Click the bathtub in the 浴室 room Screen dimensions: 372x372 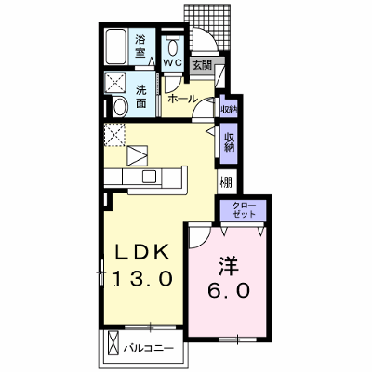(x=116, y=46)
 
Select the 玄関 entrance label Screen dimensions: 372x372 (x=202, y=65)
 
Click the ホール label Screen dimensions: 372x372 (x=182, y=99)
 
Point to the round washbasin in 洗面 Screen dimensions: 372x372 (x=120, y=107)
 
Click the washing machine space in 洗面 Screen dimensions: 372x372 (x=115, y=83)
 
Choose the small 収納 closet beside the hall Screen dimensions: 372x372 (x=229, y=110)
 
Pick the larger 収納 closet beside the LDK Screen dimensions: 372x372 (x=229, y=143)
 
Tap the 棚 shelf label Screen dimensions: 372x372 (x=226, y=182)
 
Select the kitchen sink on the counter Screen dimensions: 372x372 (x=150, y=177)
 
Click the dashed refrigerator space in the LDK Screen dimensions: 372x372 (x=114, y=135)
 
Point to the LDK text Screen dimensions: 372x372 (x=142, y=252)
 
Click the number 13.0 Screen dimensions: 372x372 (x=142, y=278)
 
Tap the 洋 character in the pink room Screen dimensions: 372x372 (x=229, y=266)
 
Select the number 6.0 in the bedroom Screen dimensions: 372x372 (x=229, y=291)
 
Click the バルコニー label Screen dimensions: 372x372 (x=149, y=348)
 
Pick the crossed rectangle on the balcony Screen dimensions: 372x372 (x=113, y=344)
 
